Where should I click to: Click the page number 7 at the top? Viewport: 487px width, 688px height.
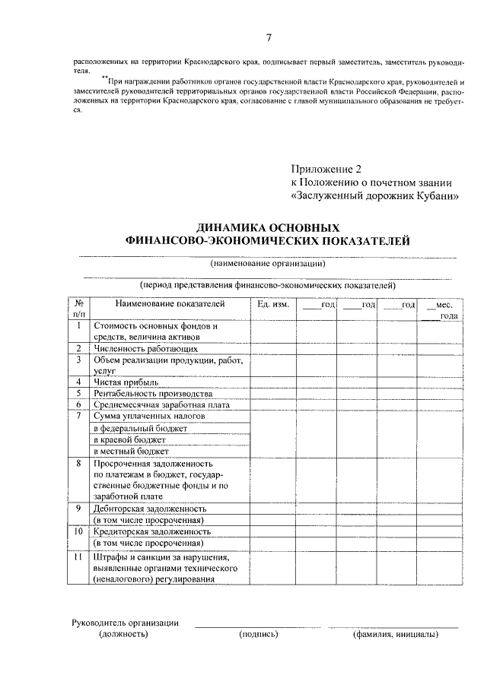click(x=268, y=38)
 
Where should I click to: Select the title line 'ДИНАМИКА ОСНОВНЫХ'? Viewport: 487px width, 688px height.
click(x=267, y=227)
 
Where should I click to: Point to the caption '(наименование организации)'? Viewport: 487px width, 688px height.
click(x=268, y=264)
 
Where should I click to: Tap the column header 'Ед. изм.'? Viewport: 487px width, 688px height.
click(x=273, y=305)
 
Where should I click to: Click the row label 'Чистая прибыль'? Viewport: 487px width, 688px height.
click(x=126, y=382)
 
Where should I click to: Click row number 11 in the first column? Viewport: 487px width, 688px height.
click(x=78, y=556)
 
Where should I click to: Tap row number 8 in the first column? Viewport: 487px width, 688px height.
click(x=78, y=462)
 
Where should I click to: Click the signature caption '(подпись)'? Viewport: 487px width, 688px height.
click(x=258, y=633)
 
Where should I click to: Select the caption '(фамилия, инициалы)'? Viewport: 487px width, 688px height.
click(x=394, y=633)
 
